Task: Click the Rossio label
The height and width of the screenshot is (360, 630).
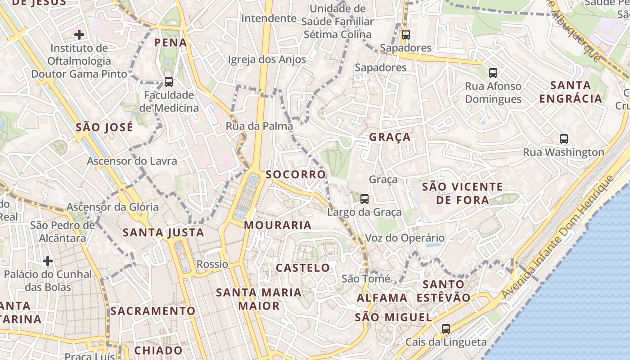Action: tap(212, 264)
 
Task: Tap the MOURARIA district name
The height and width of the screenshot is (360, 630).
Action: tap(278, 225)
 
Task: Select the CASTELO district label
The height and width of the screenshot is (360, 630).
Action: tap(303, 268)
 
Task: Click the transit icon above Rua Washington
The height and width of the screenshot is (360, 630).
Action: tap(564, 139)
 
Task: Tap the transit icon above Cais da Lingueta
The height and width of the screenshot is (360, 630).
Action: tap(445, 329)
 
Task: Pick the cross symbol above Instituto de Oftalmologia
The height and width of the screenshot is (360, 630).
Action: tap(79, 35)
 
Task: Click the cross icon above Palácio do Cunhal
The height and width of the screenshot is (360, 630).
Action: tap(48, 261)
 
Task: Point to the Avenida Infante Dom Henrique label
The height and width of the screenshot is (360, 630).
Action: tap(558, 237)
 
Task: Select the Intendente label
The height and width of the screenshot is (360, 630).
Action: tap(269, 18)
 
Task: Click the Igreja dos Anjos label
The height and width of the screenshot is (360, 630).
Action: tap(267, 59)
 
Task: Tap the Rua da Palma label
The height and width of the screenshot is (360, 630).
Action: tap(259, 126)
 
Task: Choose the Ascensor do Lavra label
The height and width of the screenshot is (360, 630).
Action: tap(132, 161)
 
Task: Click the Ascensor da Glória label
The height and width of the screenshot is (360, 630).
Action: tap(112, 207)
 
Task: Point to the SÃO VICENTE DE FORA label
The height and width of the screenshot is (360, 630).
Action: tap(463, 193)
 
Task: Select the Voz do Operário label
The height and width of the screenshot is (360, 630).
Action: tap(405, 238)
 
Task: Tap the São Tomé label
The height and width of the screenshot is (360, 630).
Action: tap(366, 279)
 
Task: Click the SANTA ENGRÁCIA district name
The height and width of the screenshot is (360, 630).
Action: tap(571, 92)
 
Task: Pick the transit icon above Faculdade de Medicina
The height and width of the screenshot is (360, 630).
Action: tap(169, 82)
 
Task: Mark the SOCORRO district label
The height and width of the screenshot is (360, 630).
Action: tap(296, 175)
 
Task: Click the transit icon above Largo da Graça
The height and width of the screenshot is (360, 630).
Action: tap(364, 198)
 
